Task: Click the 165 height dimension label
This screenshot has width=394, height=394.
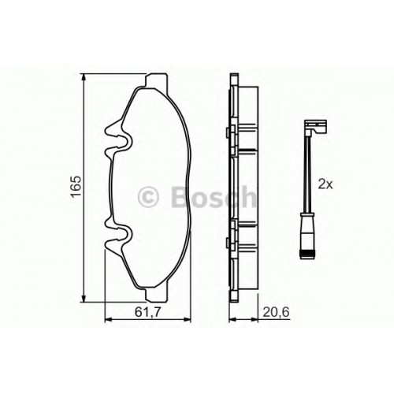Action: (76, 186)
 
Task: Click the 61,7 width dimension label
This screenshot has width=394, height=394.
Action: (147, 312)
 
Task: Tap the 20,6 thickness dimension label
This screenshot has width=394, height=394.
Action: (276, 312)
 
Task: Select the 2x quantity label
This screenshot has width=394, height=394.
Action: (325, 184)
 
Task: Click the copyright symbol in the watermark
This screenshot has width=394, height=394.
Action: (148, 197)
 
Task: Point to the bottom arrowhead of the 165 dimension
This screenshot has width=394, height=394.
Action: (84, 298)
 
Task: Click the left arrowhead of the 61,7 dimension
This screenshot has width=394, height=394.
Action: (109, 320)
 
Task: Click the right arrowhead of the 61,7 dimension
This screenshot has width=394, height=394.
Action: (187, 320)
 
